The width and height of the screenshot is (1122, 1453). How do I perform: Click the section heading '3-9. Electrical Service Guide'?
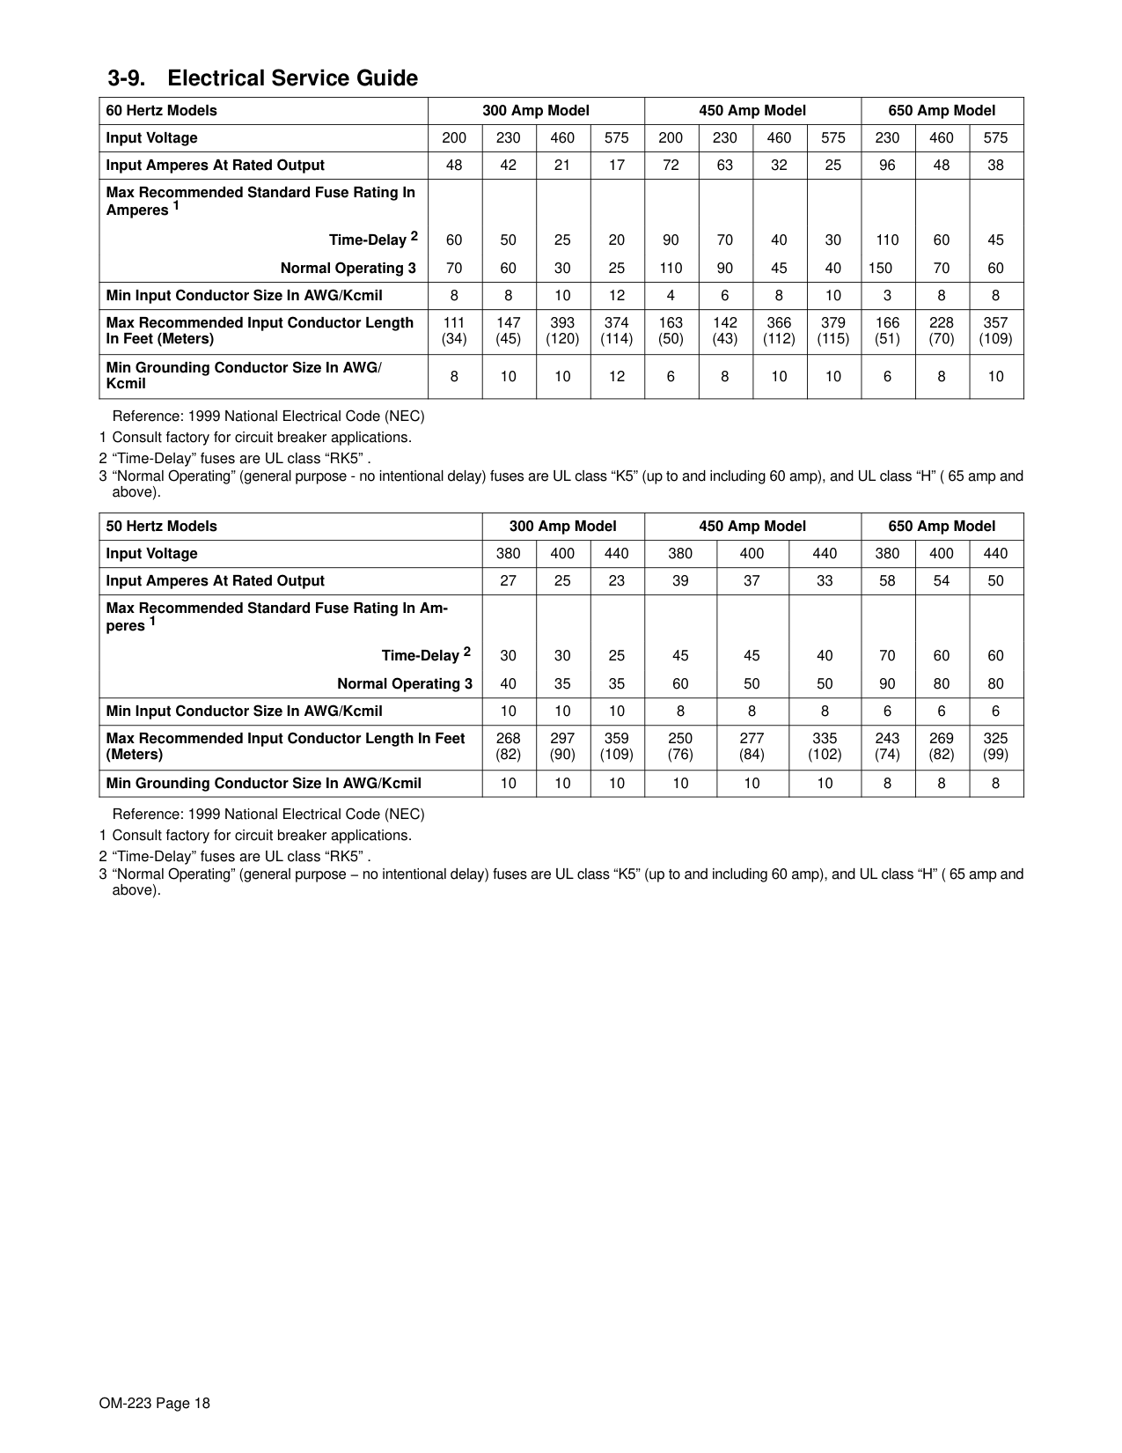pos(262,78)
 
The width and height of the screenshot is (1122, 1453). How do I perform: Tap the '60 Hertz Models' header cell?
pos(161,111)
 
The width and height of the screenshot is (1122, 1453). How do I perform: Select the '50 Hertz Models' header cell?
pos(161,527)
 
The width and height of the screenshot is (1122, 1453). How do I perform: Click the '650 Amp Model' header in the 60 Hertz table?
pos(942,111)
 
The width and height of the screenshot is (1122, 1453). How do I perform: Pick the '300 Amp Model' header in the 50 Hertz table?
pos(563,527)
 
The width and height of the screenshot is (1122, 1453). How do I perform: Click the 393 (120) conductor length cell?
pos(562,331)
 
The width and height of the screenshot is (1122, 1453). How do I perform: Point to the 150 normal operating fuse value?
pos(880,269)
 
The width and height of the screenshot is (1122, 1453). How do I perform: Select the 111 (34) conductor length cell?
pos(454,331)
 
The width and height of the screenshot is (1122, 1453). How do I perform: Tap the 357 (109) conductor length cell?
pos(995,331)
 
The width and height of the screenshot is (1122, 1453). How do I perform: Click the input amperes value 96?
pos(887,166)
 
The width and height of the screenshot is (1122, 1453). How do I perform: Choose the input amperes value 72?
pos(671,166)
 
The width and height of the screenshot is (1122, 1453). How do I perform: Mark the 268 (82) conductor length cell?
pos(509,747)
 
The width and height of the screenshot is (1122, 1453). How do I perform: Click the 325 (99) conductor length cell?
pos(995,747)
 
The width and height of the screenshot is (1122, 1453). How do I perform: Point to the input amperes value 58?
pos(887,581)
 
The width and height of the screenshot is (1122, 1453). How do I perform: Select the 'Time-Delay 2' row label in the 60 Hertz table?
pos(373,240)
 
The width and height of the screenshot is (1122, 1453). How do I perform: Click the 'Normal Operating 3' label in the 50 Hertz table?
pos(405,684)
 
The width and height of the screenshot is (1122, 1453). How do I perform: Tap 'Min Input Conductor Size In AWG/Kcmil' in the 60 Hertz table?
pos(245,296)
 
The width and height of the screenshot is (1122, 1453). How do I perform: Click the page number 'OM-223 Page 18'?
pos(155,1404)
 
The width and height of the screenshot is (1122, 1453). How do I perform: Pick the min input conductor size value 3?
pos(887,296)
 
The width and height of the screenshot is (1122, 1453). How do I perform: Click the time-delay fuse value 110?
pos(887,240)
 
